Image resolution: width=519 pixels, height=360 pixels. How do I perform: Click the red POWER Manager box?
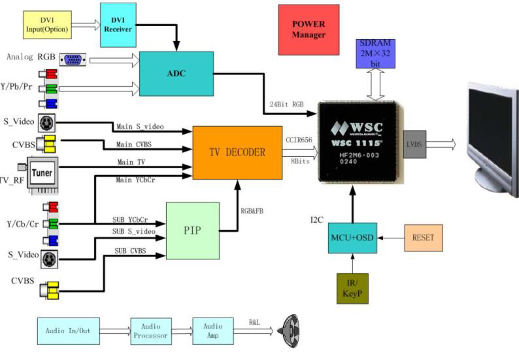point(309,29)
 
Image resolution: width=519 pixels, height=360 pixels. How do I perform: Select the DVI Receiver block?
point(118,25)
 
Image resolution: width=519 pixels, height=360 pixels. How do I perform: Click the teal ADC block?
point(176,74)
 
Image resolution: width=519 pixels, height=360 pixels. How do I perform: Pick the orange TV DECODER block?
point(237,152)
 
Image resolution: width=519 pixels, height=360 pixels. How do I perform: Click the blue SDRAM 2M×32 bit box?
point(375,54)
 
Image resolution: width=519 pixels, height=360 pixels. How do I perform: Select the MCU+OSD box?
point(353,238)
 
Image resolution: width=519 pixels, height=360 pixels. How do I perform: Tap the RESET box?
point(424,238)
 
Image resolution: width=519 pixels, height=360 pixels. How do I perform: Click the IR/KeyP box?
point(352,288)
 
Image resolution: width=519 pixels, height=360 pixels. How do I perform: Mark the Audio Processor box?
point(151,331)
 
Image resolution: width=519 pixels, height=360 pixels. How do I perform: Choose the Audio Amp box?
point(212,331)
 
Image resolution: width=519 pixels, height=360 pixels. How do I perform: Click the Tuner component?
point(43,173)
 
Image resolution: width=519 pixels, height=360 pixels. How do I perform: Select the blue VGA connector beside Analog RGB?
point(72,59)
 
